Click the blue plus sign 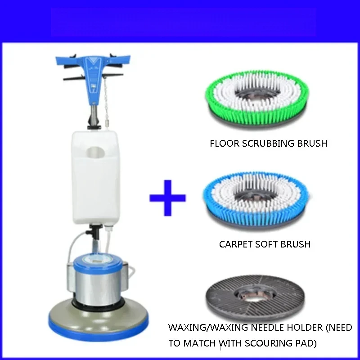click(167, 198)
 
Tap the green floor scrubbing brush click(257, 98)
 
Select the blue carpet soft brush click(256, 200)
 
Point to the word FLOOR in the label click(225, 144)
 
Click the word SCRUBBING click(268, 144)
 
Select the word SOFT click(266, 244)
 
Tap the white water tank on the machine click(95, 178)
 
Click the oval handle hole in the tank click(95, 153)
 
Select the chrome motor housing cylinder click(97, 288)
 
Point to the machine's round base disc click(98, 321)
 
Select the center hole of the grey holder click(255, 296)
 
